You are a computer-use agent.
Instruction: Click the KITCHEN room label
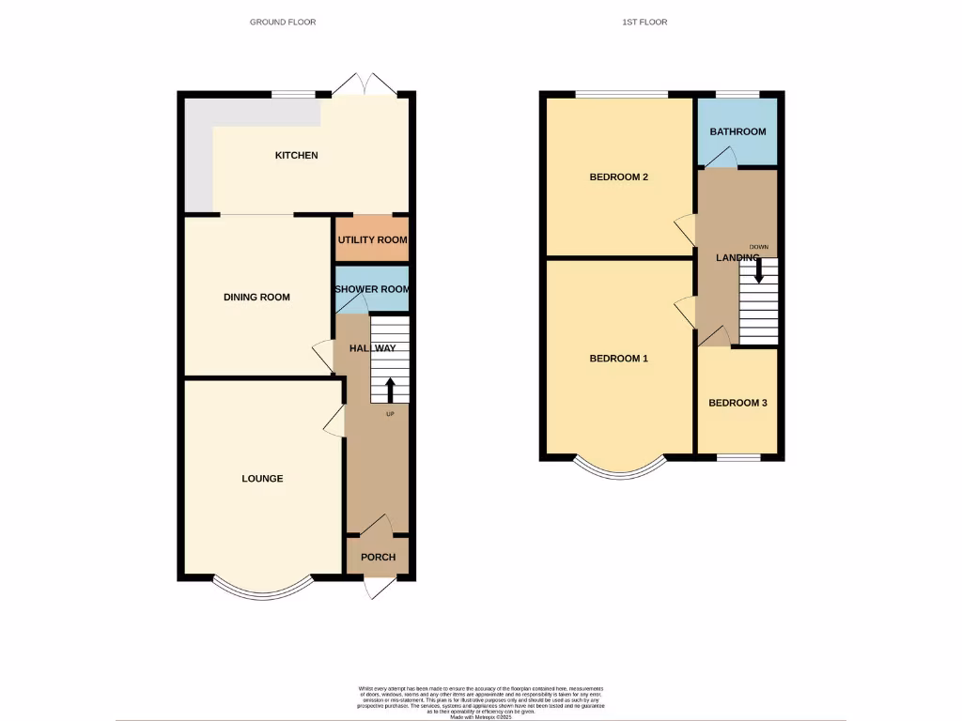click(296, 155)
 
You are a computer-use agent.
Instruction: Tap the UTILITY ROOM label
click(373, 240)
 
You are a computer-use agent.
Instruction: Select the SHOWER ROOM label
click(373, 290)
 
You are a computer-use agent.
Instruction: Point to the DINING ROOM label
click(256, 298)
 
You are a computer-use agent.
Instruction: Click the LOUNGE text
click(262, 479)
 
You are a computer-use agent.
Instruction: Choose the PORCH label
click(378, 557)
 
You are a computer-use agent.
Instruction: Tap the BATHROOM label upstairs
click(737, 132)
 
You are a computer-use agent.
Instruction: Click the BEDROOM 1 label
click(618, 359)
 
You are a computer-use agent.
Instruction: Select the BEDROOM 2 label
click(618, 177)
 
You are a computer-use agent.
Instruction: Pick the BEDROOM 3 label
click(737, 404)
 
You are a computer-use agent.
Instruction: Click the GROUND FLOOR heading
click(283, 22)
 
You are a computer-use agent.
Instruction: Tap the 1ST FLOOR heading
click(644, 22)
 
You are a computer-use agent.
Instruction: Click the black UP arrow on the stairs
click(390, 391)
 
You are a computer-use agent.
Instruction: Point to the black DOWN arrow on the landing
click(759, 271)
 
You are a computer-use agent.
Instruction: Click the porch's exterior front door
click(378, 588)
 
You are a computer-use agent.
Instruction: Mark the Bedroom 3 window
click(737, 457)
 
